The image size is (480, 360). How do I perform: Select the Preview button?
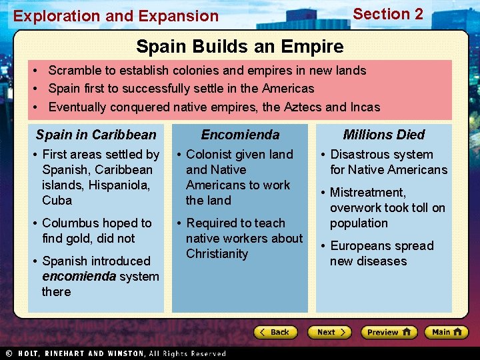pyautogui.click(x=388, y=332)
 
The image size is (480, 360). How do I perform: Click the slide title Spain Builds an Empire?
pyautogui.click(x=239, y=47)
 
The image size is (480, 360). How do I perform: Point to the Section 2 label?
pyautogui.click(x=387, y=14)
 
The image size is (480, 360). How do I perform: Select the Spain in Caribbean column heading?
pyautogui.click(x=96, y=135)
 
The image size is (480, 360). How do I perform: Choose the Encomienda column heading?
pyautogui.click(x=240, y=135)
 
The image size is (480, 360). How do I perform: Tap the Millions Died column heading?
pyautogui.click(x=384, y=135)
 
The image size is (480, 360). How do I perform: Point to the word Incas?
pyautogui.click(x=364, y=107)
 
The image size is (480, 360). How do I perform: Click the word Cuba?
pyautogui.click(x=57, y=201)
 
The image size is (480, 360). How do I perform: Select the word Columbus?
pyautogui.click(x=70, y=223)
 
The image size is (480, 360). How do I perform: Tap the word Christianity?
pyautogui.click(x=217, y=254)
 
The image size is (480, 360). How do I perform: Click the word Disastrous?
pyautogui.click(x=363, y=155)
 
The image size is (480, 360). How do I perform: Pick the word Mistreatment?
pyautogui.click(x=368, y=193)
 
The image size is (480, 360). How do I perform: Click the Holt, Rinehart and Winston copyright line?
pyautogui.click(x=117, y=353)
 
